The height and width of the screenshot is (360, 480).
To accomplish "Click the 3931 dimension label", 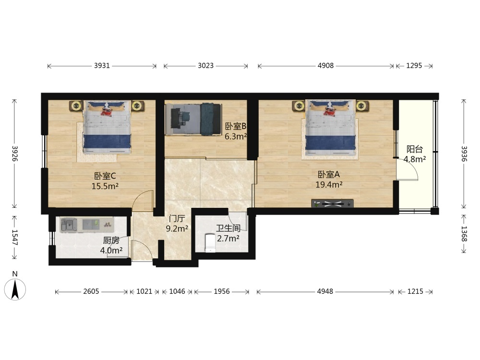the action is click(x=102, y=65).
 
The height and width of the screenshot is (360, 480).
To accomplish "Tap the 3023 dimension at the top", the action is click(x=205, y=65).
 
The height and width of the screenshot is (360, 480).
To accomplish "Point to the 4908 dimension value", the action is click(x=325, y=65).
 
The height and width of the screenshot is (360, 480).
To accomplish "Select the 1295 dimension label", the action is click(x=414, y=65).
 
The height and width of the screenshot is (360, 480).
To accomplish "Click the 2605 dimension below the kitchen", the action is click(x=91, y=291).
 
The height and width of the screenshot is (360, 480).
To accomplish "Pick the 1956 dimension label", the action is click(x=222, y=291).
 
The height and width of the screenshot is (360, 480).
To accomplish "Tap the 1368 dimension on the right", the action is click(x=464, y=234).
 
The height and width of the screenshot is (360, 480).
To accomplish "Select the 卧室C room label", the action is click(x=105, y=176).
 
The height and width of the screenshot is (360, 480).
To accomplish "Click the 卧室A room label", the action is click(x=329, y=175).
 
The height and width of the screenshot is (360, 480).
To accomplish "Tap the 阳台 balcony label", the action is click(x=415, y=149).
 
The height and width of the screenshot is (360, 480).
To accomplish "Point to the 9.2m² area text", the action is click(x=177, y=228).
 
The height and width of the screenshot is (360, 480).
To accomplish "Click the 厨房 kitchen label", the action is click(x=111, y=240).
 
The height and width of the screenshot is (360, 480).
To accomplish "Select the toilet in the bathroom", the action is click(x=210, y=242).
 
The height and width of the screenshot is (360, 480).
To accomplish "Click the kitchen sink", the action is click(x=69, y=225).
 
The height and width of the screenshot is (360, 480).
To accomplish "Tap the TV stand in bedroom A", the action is click(x=333, y=204).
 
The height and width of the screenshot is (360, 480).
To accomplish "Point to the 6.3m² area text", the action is click(x=236, y=136).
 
